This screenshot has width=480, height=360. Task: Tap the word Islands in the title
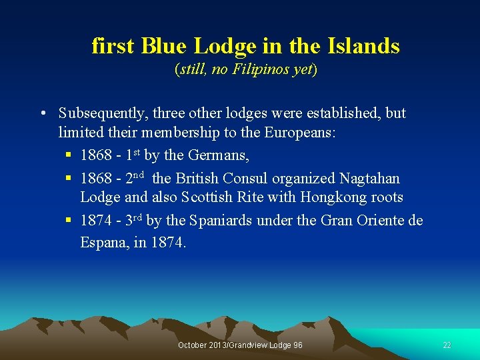(364, 46)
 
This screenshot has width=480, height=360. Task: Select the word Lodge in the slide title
(225, 46)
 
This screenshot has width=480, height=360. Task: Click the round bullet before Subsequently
(42, 113)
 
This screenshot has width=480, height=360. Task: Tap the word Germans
(213, 156)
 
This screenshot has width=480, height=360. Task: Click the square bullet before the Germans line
(69, 156)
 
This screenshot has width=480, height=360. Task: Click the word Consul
(245, 179)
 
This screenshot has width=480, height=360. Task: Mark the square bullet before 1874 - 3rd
(69, 221)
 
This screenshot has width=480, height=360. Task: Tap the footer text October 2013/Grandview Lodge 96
(240, 345)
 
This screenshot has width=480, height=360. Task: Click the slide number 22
(447, 345)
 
